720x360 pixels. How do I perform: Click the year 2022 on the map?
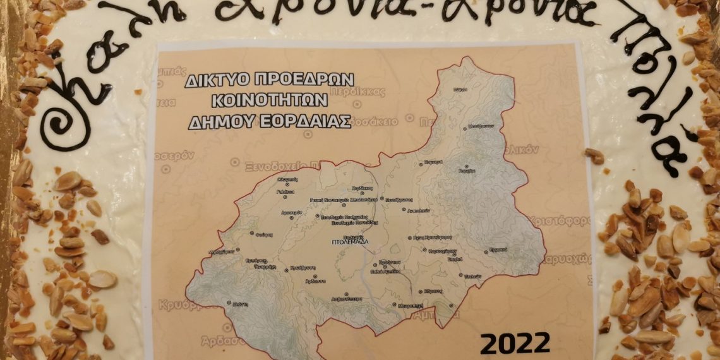coord(515,344)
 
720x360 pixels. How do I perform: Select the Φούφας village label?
coord(265,234)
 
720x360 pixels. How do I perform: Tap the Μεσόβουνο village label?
coord(481,126)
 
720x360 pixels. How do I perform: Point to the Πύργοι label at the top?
coord(460,90)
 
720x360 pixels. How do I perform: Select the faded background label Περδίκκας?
coord(364,91)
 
